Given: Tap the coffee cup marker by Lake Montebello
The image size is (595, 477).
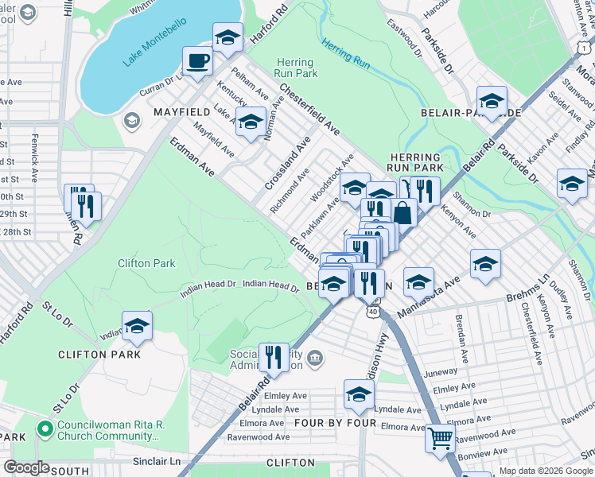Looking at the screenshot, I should tap(197, 60).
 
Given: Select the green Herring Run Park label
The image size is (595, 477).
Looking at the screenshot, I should tap(295, 68).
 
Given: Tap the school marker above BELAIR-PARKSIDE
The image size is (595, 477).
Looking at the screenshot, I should tap(492, 101).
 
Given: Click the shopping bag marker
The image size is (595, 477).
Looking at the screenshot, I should tap(403, 212).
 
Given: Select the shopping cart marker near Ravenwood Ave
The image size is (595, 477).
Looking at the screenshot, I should tap(439, 438).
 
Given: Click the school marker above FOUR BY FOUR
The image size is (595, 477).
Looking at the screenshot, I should tap(359, 394).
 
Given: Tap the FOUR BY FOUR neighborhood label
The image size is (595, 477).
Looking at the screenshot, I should tap(335, 423).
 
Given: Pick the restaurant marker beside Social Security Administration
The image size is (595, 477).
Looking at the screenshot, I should tap(274, 357).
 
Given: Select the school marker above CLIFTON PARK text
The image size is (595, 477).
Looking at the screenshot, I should tap(137, 326).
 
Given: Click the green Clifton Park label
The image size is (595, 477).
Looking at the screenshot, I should tap(146, 263).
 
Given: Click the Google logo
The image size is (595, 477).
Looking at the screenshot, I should tap(26, 467).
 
